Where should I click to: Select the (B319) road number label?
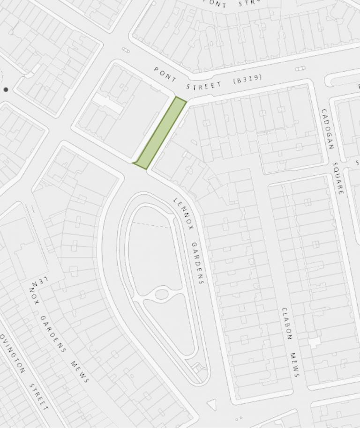[x=247, y=80]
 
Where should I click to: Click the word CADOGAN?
[x=327, y=129]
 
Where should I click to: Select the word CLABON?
[x=286, y=324]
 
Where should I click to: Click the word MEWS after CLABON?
[x=295, y=364]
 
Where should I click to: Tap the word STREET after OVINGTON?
[x=39, y=396]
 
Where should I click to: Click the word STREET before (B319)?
[x=203, y=86]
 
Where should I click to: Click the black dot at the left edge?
[x=6, y=89]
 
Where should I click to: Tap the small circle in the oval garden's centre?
[x=162, y=295]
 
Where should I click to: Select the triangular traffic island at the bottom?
[x=212, y=404]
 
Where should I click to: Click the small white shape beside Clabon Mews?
[x=314, y=343]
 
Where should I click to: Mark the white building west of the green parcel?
[x=108, y=103]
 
